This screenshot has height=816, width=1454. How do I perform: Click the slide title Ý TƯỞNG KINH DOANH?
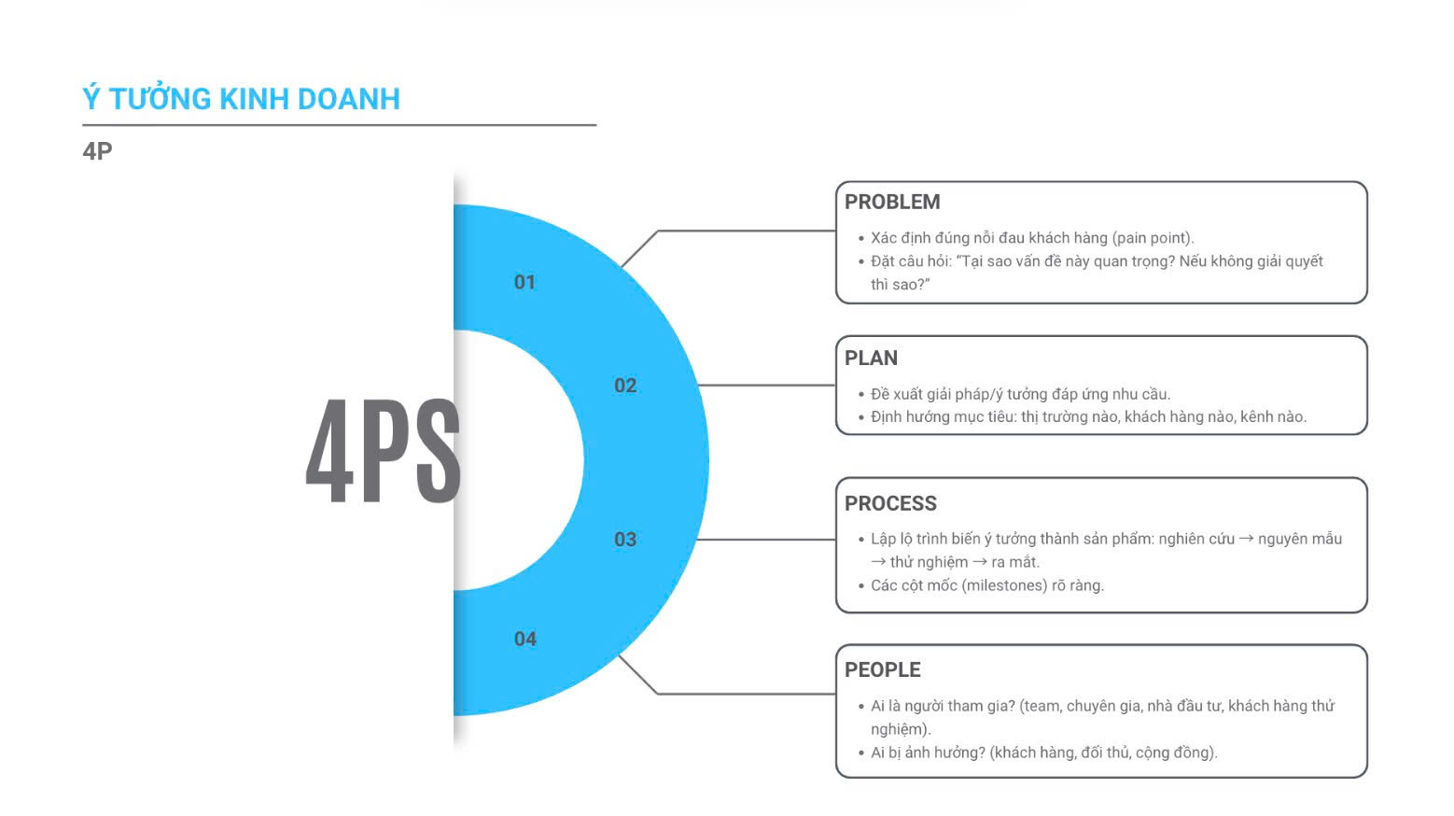(x=241, y=99)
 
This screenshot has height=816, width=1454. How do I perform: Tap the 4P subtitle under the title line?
(x=97, y=151)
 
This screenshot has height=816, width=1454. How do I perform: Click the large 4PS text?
(x=383, y=451)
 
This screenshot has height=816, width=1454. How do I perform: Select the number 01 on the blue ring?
(x=524, y=282)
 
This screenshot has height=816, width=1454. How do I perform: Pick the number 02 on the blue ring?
(x=625, y=386)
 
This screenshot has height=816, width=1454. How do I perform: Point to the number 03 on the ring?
(x=625, y=540)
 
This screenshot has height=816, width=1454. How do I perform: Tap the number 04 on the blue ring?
(x=524, y=640)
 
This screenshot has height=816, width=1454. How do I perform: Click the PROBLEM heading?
(x=892, y=202)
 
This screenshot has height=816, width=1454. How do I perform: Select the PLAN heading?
(x=871, y=359)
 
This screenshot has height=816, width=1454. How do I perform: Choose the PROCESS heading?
(x=890, y=504)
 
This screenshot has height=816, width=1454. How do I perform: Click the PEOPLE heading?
(x=882, y=670)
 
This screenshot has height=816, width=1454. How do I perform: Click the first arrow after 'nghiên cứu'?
(x=1246, y=539)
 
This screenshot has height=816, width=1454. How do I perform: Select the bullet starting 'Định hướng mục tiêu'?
(x=1087, y=417)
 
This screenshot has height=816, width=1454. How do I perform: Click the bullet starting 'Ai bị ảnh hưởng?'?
(x=1043, y=753)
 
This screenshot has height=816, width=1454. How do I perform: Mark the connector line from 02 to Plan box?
(x=765, y=385)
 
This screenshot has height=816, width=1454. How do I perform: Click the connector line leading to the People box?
(x=747, y=694)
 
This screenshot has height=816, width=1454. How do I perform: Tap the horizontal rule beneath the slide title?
(x=339, y=125)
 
